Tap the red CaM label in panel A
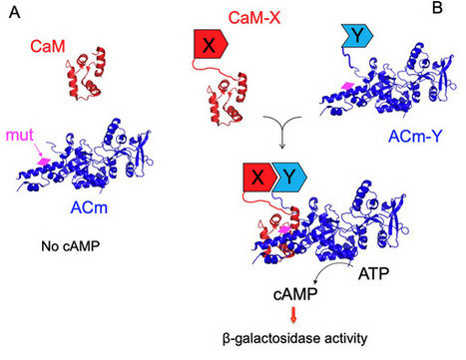[44, 46]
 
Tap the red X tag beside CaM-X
[211, 46]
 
